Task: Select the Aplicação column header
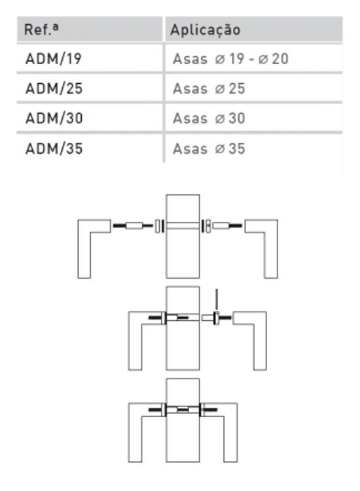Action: [205, 30]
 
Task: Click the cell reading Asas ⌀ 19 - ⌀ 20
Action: [230, 60]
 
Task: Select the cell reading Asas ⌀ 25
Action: [209, 89]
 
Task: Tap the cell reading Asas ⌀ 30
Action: [209, 118]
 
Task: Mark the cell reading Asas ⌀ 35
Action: [209, 149]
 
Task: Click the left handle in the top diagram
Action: [87, 249]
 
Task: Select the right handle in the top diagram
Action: [270, 249]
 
